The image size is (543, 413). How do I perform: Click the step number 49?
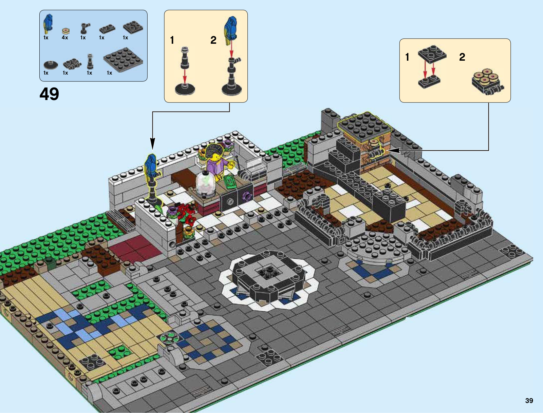pos(49,94)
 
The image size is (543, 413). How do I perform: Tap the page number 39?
pos(529,401)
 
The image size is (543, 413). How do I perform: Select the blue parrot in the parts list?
pos(48,24)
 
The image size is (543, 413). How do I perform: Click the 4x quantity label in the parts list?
pos(65,38)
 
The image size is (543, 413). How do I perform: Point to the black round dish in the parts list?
pos(51,65)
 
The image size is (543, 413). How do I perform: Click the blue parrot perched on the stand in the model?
pos(151,166)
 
